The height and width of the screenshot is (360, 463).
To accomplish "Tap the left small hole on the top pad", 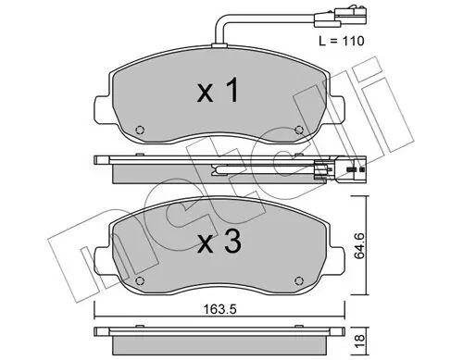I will point(140,130).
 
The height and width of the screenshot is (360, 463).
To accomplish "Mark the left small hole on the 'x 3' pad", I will point(140,280).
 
